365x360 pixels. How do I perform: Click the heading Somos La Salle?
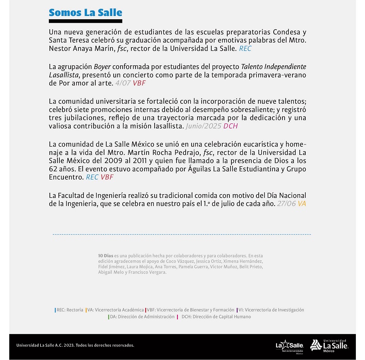(x=85, y=12)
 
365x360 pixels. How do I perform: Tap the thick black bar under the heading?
(x=85, y=21)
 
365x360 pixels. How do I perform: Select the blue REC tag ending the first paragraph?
(x=245, y=48)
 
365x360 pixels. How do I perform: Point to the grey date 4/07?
(x=123, y=83)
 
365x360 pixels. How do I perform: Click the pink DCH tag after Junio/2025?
(x=230, y=126)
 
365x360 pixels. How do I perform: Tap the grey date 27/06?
(x=286, y=203)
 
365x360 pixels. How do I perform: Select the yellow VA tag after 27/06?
(x=302, y=203)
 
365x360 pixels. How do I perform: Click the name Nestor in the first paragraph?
(x=60, y=48)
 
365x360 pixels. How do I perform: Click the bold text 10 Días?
(x=105, y=255)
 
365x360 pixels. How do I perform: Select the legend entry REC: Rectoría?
(x=69, y=310)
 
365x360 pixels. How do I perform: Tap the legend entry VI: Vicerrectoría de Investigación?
(x=271, y=310)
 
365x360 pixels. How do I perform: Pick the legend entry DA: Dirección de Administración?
(x=142, y=317)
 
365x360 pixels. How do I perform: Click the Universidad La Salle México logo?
(x=329, y=345)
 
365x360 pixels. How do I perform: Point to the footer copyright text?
(x=75, y=345)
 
